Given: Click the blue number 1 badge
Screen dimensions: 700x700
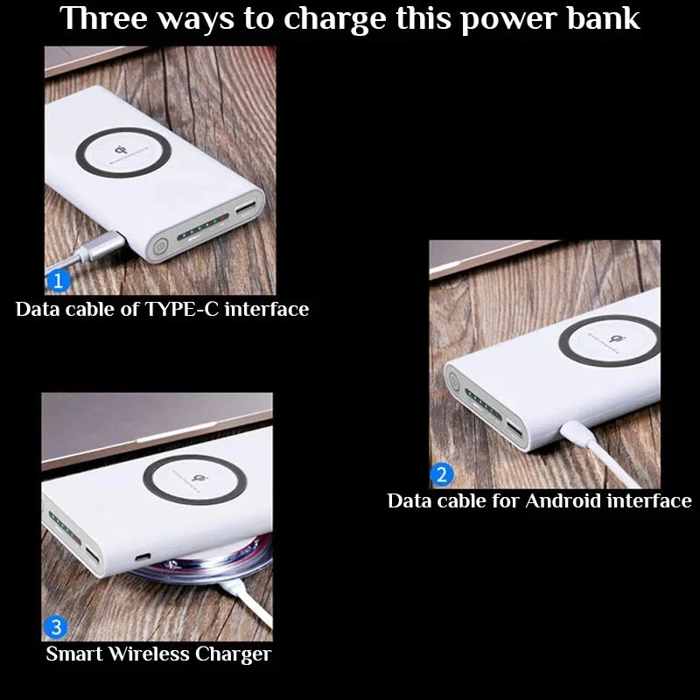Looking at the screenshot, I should click(56, 281).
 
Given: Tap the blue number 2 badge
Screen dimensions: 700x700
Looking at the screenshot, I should click(442, 475).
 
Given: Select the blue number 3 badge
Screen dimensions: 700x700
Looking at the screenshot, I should click(55, 627).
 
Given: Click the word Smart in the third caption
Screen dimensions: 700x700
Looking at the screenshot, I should click(73, 654).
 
